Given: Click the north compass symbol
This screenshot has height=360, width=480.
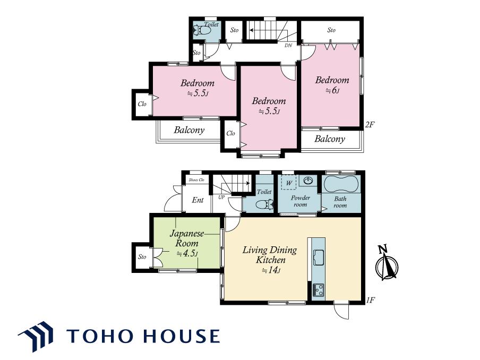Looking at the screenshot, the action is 387,264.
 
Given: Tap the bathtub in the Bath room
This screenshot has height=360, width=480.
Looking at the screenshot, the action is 341,184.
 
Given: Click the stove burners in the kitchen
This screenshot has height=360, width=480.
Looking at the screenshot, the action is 319,290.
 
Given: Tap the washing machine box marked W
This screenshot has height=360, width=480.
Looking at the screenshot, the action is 289,183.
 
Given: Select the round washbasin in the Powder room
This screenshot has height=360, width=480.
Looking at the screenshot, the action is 308,181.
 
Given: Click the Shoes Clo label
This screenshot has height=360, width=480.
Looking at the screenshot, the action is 196,180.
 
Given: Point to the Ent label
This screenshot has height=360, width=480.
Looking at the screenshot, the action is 198,200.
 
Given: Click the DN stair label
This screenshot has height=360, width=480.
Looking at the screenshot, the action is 288,45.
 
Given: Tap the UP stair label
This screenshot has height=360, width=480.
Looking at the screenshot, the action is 221,198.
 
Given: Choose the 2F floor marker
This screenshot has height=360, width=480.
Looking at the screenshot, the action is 370,125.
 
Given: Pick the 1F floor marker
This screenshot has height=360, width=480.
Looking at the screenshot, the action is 371,301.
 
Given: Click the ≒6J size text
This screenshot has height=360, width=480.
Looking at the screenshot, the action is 332,91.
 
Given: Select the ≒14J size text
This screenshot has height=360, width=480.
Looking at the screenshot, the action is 271,270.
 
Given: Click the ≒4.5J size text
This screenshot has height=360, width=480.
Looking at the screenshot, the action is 187,253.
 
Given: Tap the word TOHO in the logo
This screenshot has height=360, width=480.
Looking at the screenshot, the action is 100,336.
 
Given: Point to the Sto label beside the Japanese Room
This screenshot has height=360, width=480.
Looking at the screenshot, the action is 142,256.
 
